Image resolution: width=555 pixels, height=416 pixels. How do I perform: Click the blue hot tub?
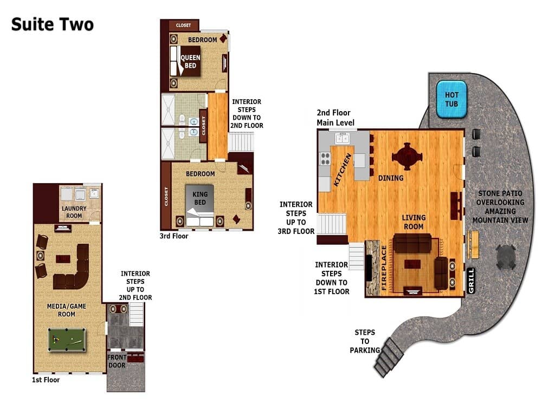pos(451,99)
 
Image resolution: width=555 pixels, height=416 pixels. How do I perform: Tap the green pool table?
pos(67,340)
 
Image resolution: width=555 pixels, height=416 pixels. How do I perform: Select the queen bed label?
pos(190,62)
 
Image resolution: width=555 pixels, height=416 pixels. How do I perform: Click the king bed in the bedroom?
pos(199,205)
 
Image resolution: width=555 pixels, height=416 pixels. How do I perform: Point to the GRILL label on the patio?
pos(471,281)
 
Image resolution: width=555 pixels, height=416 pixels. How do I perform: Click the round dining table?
pos(407,156)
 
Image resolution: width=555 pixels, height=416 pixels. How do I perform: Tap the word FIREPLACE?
pos(384,268)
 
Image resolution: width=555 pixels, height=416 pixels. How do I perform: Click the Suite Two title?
pos(53,24)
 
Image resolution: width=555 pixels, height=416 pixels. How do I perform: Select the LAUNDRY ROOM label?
pos(74,212)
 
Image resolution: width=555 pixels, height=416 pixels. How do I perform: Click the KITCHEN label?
pos(343,170)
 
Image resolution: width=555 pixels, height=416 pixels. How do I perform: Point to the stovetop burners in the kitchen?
pos(325,159)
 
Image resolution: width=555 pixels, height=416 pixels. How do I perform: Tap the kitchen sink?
pos(343,138)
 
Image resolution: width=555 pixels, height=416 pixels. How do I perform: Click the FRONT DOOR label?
pos(117,361)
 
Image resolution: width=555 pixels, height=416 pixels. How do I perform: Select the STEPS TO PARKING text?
pos(365,341)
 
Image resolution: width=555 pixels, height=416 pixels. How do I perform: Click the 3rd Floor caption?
pos(174,236)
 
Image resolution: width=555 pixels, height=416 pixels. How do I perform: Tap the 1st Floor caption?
pos(46,380)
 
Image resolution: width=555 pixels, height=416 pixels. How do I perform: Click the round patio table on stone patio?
pos(506,256)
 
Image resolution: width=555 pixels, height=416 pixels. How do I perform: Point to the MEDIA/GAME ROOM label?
pos(67,310)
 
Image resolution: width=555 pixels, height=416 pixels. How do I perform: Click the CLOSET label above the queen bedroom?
pos(183,25)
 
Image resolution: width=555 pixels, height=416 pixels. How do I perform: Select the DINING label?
pos(391,178)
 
